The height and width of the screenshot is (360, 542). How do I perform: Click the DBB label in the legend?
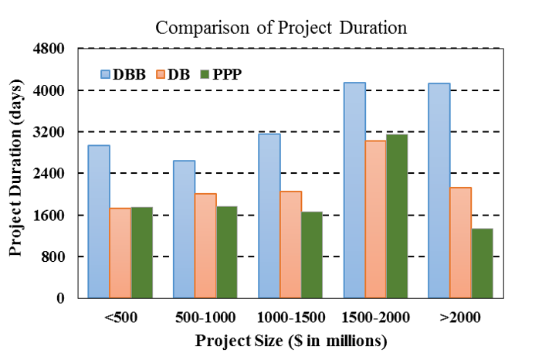[x=129, y=75]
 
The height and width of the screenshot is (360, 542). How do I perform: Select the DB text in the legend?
[x=178, y=75]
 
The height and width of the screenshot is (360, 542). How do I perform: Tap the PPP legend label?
[x=227, y=75]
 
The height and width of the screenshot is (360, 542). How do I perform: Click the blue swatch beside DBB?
[x=105, y=75]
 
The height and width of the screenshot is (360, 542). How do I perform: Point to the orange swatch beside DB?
[x=161, y=75]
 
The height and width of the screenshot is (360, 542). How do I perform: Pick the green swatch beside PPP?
[x=205, y=75]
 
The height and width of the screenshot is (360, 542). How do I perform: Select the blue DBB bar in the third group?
[x=269, y=216]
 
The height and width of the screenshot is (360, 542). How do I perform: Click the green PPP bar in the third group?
[x=312, y=255]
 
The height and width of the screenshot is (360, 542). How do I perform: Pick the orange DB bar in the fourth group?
[x=375, y=219]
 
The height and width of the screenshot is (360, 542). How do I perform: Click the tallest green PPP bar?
[x=397, y=216]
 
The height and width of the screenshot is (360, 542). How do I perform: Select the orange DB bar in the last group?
[x=460, y=243]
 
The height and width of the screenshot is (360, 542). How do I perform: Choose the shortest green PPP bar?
[x=482, y=263]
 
